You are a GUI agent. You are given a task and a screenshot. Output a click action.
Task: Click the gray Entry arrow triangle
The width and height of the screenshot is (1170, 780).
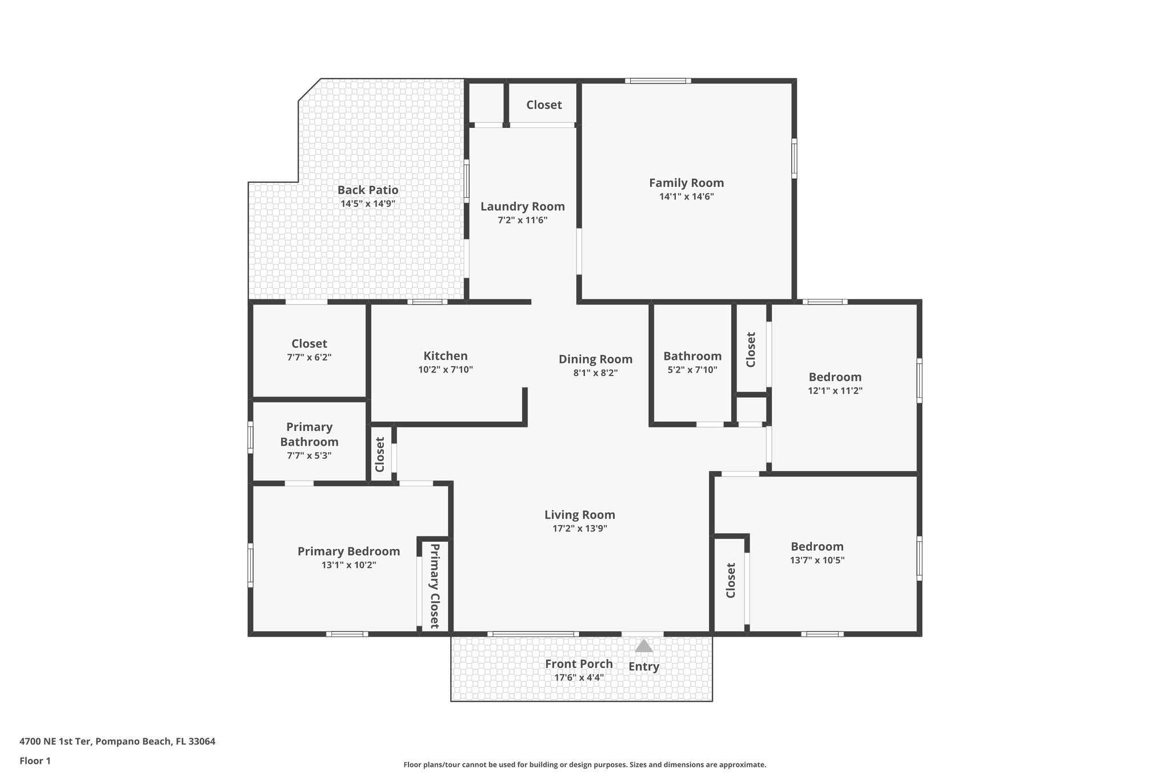[x=644, y=646]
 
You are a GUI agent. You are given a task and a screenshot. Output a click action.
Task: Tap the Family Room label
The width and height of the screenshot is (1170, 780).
[x=686, y=183]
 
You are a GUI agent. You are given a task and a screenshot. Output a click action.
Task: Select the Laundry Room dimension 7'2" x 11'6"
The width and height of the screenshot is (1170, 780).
[x=522, y=220]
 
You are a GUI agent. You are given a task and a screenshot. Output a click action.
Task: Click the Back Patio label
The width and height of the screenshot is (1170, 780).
[x=367, y=190]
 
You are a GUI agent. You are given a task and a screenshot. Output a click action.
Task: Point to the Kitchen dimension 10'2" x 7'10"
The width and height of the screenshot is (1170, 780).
[x=445, y=370]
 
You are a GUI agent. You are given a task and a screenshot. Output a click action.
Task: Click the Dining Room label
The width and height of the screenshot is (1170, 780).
[x=595, y=359]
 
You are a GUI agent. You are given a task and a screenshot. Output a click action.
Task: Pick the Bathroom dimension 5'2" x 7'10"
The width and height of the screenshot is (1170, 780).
[x=692, y=370]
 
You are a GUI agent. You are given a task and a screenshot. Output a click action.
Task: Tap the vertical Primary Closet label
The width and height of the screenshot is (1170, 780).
[x=435, y=586]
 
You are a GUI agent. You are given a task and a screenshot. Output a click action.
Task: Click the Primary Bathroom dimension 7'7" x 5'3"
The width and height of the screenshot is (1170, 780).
[x=309, y=455]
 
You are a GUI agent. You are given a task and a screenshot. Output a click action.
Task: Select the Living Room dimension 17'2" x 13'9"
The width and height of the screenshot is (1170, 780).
[x=579, y=529]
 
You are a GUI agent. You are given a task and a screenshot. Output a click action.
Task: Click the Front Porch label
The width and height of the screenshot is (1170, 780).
[x=578, y=663]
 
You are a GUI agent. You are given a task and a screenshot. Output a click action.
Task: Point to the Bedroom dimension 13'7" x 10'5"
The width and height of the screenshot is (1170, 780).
[x=817, y=561]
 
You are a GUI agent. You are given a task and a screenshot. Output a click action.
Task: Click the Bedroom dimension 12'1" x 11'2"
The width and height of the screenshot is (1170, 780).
[x=835, y=391]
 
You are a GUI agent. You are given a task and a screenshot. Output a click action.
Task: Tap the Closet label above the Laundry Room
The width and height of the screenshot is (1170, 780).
[x=544, y=105]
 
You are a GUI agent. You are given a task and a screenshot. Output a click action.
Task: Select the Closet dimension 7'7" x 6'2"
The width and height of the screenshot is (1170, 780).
[x=309, y=357]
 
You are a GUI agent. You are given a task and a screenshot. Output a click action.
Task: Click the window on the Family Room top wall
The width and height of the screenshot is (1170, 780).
[x=658, y=81]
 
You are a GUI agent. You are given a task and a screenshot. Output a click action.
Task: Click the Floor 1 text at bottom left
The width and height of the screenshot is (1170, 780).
[x=35, y=761]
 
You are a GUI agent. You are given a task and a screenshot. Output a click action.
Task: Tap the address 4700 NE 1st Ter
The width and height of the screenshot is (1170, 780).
[x=117, y=741]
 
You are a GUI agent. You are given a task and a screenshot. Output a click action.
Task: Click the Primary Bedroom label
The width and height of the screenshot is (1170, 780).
[x=348, y=551]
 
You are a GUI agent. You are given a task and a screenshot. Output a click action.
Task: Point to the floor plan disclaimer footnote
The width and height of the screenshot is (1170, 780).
[x=584, y=765]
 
